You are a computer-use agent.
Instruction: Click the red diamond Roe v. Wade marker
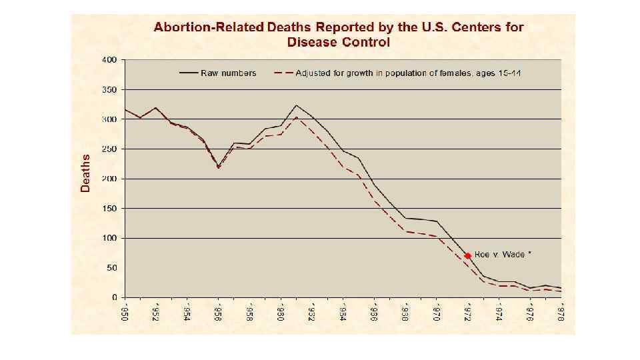468,255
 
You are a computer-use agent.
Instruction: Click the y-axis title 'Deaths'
85,173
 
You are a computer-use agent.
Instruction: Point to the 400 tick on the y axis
109,60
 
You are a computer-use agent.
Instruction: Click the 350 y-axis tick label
109,89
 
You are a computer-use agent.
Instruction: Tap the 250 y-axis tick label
109,149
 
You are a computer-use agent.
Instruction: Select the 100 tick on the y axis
109,238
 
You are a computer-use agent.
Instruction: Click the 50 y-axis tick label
111,267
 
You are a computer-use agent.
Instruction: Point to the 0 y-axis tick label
114,297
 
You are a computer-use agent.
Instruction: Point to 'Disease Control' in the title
338,42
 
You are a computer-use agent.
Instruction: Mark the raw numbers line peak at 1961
297,105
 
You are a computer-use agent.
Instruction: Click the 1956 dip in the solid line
218,166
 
